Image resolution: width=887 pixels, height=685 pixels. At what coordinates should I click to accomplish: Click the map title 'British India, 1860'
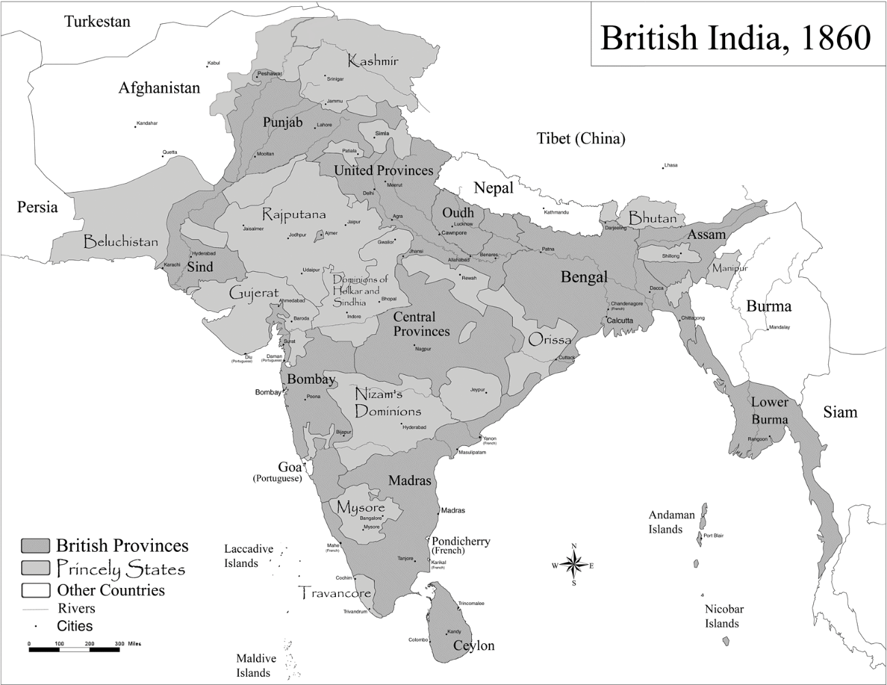(735, 38)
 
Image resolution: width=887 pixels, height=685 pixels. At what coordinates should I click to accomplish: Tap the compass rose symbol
(574, 564)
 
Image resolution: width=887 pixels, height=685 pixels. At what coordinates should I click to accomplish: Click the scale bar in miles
(74, 649)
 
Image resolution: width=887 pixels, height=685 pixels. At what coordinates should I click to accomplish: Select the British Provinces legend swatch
(36, 546)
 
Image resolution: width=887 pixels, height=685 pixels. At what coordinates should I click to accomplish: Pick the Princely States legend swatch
(36, 568)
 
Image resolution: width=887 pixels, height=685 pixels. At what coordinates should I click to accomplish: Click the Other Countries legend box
(36, 590)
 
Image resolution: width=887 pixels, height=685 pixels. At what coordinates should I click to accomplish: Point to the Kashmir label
(372, 61)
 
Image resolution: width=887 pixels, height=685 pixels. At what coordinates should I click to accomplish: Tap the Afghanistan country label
(159, 88)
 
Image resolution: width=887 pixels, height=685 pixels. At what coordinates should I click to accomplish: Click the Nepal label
(493, 188)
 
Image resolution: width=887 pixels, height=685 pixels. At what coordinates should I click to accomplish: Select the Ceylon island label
(473, 645)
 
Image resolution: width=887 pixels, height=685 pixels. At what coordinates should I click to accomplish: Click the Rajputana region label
(294, 214)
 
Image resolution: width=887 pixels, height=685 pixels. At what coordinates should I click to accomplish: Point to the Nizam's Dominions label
(387, 403)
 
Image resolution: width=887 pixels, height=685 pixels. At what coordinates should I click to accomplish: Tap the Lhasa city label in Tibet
(671, 165)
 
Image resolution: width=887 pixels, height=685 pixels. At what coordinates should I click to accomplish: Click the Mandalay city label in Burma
(779, 327)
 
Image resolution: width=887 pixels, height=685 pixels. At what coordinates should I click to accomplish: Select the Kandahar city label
(147, 123)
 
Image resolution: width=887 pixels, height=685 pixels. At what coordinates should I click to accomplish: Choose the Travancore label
(335, 593)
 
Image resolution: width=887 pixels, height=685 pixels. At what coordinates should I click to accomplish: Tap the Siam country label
(839, 412)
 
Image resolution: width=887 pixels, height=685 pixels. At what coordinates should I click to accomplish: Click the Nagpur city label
(423, 348)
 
